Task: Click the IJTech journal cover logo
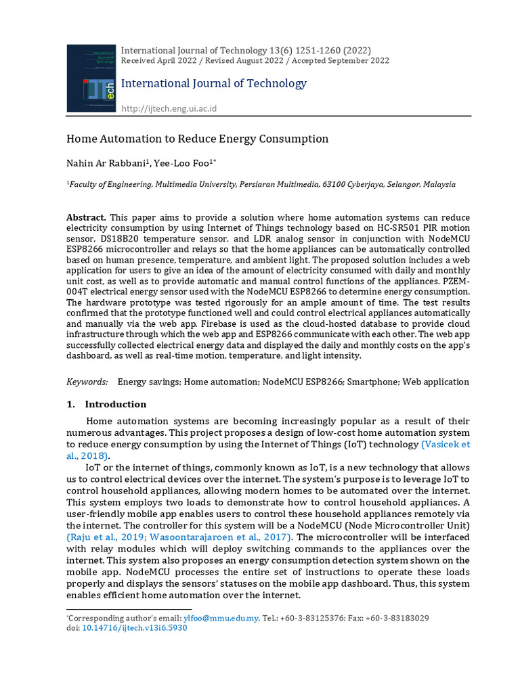click(x=91, y=78)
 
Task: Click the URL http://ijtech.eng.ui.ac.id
click(x=169, y=108)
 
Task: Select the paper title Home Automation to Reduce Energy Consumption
click(x=197, y=139)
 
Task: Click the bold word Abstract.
click(x=86, y=217)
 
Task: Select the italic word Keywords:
click(x=87, y=382)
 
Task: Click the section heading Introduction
click(x=115, y=404)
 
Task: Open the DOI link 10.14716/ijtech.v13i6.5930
click(x=134, y=627)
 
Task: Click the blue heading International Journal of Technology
click(x=213, y=83)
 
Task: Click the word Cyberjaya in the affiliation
click(x=370, y=184)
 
